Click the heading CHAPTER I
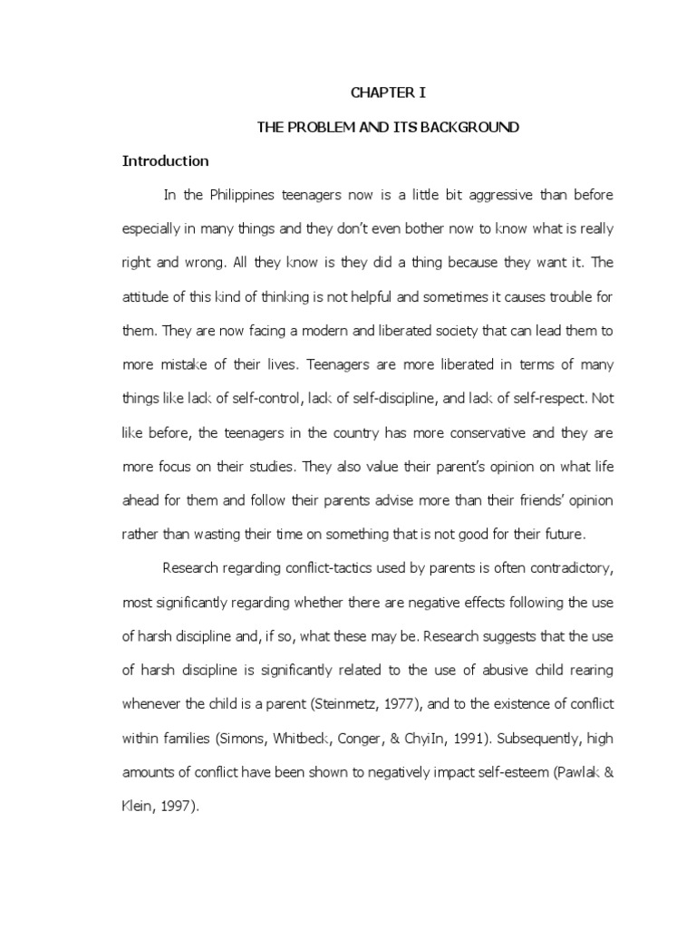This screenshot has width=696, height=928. (x=388, y=92)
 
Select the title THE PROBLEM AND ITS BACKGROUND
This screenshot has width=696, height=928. (x=388, y=127)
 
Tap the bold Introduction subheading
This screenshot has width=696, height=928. (x=166, y=161)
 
